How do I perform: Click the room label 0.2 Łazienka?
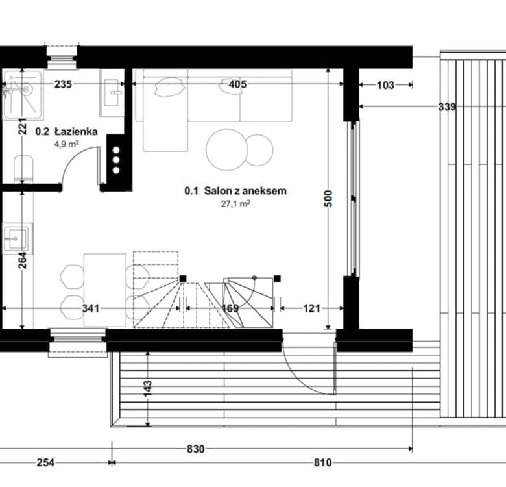[66, 131]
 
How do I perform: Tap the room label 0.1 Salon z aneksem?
[235, 191]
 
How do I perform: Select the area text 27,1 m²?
[235, 204]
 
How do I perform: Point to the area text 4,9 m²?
[66, 144]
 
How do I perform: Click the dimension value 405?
[237, 84]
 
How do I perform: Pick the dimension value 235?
[63, 84]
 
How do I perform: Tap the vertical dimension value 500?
[328, 199]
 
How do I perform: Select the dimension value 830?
[195, 449]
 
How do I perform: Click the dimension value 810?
[322, 463]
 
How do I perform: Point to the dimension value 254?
[45, 463]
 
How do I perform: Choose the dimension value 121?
[311, 308]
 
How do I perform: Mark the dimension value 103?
[385, 85]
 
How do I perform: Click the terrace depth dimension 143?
[147, 388]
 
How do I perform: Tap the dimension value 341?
[90, 308]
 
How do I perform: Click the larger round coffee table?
[227, 149]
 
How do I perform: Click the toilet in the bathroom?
[23, 169]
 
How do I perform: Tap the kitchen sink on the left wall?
[17, 239]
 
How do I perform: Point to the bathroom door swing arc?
[72, 158]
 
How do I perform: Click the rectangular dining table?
[105, 290]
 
